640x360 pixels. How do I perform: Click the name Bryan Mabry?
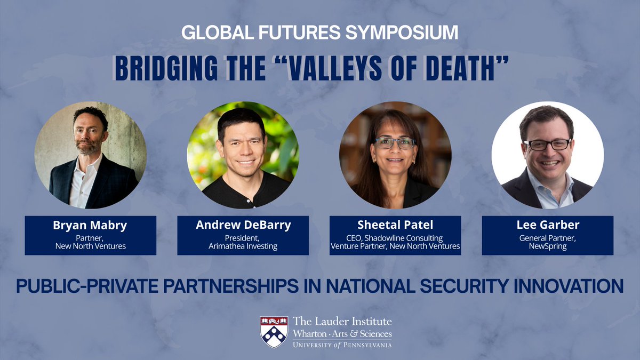90,225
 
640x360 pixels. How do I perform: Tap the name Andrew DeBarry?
243,225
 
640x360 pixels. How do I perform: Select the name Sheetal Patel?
395,225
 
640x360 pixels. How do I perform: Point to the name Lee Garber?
547,225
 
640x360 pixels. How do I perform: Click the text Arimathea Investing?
243,246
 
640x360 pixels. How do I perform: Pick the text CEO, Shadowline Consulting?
395,238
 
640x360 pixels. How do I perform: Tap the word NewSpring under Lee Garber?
547,246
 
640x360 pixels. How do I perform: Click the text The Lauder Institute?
342,321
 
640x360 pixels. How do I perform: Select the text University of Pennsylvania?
342,345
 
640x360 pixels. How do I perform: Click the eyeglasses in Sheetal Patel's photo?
395,143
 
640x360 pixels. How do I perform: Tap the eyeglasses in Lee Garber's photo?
547,145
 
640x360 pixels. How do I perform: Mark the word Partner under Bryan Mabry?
90,238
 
